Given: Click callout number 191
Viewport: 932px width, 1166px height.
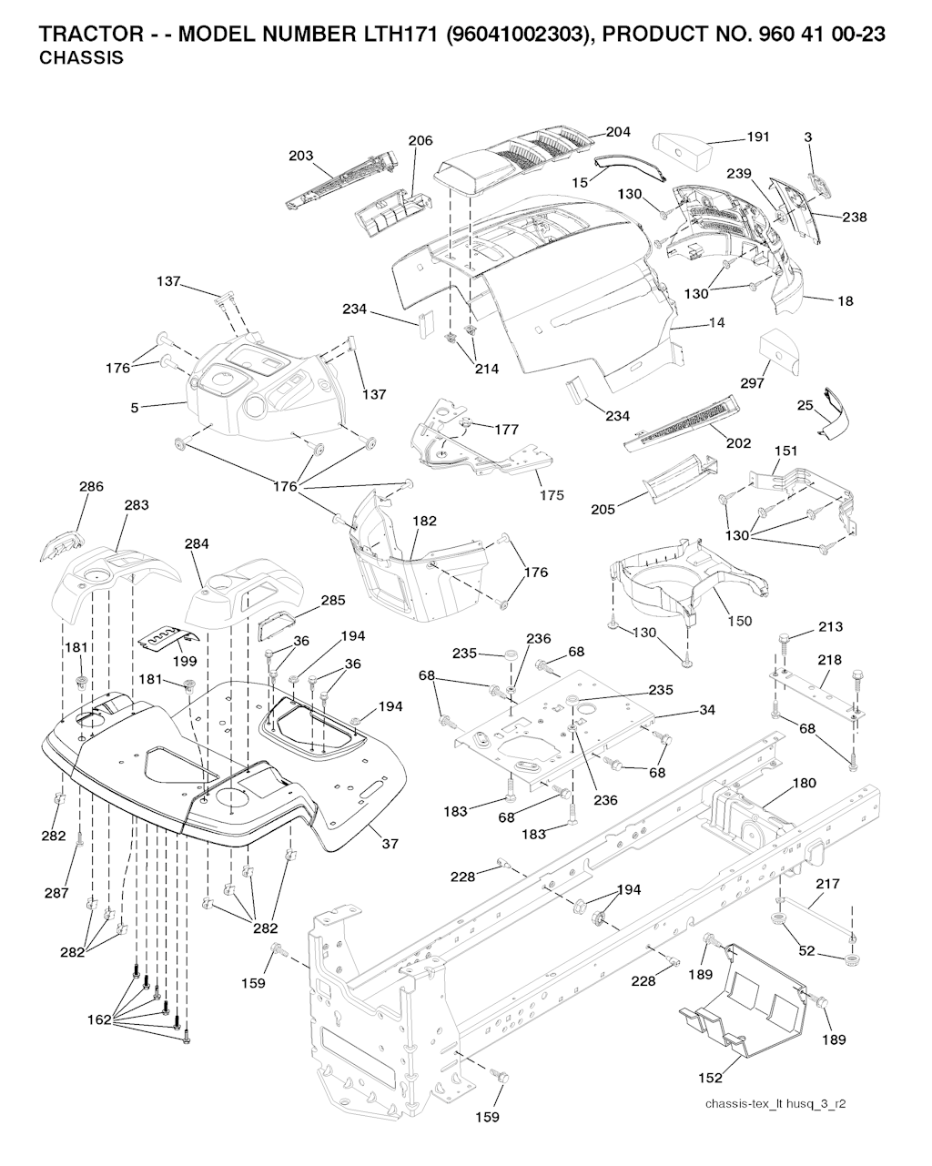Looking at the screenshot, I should coord(757,137).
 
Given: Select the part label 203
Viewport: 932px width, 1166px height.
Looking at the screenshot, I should coord(301,157).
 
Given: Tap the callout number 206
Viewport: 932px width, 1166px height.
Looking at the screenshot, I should coord(420,141).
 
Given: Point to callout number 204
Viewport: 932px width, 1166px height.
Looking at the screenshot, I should coord(618,132).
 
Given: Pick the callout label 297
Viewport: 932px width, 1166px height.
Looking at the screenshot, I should coord(753,383).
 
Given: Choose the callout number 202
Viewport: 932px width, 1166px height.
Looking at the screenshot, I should coord(739,443).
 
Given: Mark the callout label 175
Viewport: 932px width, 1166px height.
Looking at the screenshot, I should coord(552,495).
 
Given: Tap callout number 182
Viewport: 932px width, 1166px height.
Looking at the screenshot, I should coord(424,522).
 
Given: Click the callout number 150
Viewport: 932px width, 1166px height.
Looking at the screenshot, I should coord(740,621).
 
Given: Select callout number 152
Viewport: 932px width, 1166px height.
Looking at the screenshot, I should coord(711,1078).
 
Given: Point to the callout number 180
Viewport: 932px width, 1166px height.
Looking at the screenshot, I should coord(805,783).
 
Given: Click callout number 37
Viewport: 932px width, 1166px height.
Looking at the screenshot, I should coord(390,844).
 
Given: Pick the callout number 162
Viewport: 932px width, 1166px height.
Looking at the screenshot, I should coord(99,1019).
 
